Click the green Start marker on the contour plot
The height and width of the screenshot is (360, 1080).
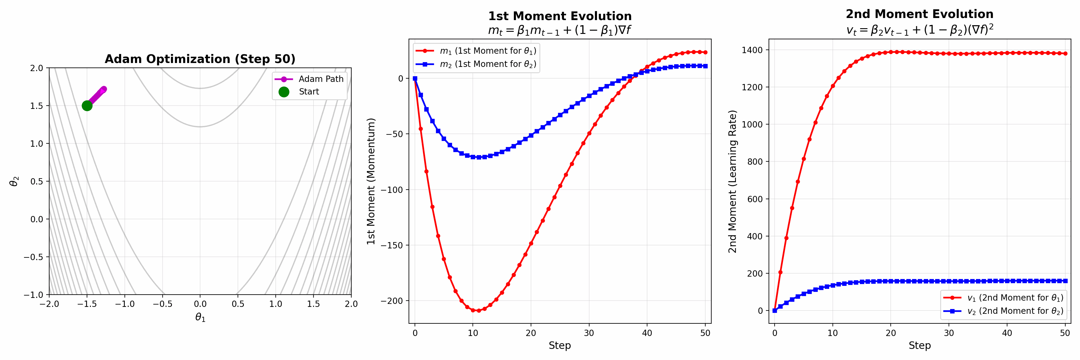tap(87, 106)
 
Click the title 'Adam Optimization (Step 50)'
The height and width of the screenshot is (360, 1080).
tap(200, 59)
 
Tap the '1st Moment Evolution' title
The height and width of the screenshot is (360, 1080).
tap(560, 16)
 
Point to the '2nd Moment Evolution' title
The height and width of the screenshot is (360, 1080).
tap(919, 14)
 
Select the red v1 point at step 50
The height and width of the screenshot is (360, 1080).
tap(1065, 54)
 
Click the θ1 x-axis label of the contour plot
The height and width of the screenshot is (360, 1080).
tap(200, 318)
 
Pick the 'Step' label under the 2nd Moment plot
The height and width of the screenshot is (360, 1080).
tap(919, 345)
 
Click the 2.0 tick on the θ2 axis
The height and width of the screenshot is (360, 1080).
tap(37, 68)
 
